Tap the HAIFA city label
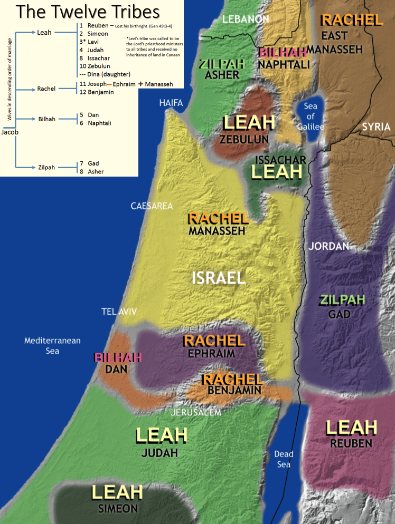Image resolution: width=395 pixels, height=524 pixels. (171, 103)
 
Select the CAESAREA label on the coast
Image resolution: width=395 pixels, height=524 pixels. (152, 206)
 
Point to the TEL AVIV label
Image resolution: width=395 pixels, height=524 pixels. (119, 312)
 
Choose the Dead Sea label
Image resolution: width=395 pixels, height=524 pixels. (284, 459)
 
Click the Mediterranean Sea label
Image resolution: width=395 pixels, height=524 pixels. (52, 345)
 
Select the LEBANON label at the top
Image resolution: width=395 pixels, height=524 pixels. (246, 20)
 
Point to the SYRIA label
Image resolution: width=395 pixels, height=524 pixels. (376, 127)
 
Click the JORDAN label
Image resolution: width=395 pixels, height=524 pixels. (328, 246)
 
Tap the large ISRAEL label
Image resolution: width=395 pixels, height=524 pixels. (218, 278)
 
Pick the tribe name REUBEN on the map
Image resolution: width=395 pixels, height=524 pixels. (351, 444)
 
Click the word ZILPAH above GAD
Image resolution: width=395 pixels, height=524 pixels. (342, 300)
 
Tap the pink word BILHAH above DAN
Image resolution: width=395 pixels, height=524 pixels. (118, 358)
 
